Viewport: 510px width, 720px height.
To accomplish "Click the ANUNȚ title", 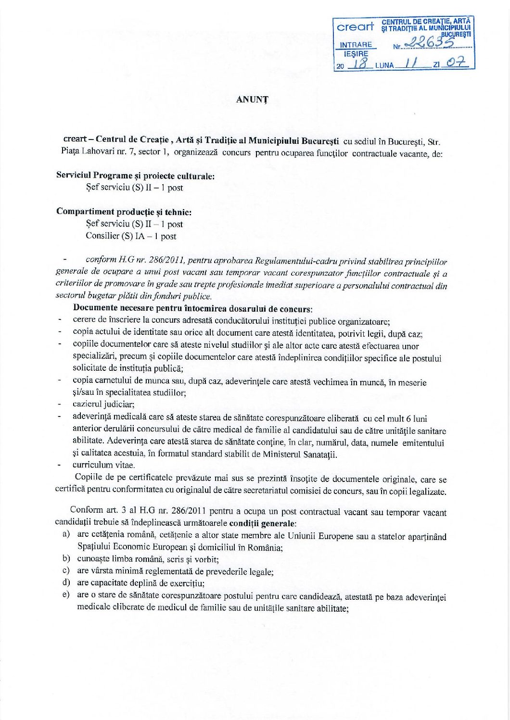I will [252, 100].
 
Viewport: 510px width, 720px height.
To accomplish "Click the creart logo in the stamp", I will [356, 27].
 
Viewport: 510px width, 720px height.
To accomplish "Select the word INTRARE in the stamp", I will [356, 45].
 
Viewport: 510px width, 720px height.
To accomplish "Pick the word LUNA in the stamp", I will [384, 65].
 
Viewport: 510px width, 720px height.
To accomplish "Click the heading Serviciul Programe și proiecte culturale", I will [135, 176].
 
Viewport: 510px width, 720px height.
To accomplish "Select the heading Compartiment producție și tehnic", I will [124, 212].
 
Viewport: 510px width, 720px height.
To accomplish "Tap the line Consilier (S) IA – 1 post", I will [131, 236].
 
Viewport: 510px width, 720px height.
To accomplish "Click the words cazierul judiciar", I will [103, 404].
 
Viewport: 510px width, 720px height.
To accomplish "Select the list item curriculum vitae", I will [104, 465].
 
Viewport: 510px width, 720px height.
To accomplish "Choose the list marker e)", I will [66, 595].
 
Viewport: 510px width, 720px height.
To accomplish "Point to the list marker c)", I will [66, 571].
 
